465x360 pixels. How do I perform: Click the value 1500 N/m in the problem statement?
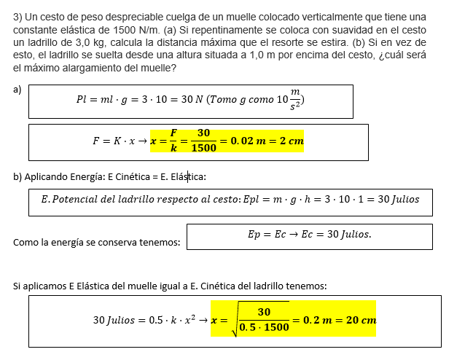point(136,30)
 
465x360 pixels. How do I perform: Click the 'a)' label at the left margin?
point(17,90)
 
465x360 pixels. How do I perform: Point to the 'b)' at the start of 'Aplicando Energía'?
point(17,176)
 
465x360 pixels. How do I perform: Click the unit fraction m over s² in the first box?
point(294,98)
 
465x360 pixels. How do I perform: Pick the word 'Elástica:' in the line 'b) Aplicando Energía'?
point(188,176)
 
